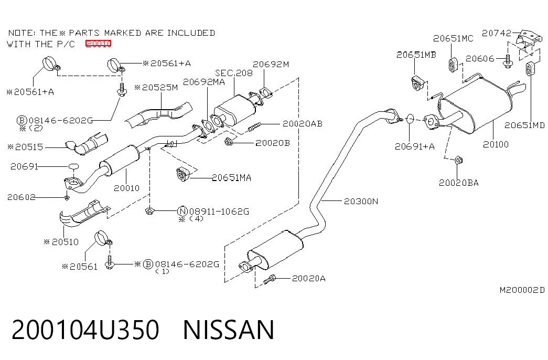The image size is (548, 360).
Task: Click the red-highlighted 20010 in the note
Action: coord(99,44)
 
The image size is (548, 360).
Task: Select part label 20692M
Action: coord(271,64)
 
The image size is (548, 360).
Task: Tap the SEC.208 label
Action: coord(233,73)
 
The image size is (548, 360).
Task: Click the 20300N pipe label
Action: coord(361,201)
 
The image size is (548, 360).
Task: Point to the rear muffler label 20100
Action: coord(496,144)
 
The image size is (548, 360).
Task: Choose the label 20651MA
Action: coord(232,178)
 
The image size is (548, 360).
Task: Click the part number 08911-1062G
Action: coord(219,211)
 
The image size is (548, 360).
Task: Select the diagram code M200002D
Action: coord(522,290)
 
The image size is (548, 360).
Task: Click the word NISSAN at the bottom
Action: coord(229,330)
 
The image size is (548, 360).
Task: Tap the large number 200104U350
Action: coord(85,330)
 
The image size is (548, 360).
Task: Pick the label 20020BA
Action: coord(458,183)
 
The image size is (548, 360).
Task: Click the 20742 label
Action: coord(496,33)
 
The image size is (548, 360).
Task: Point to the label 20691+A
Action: coord(414,146)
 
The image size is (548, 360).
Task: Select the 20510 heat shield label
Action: coord(65,242)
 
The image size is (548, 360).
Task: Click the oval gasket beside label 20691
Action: coord(73,166)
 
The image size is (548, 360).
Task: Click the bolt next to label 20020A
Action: coord(270,279)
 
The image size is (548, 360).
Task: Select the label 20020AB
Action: coord(302,123)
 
